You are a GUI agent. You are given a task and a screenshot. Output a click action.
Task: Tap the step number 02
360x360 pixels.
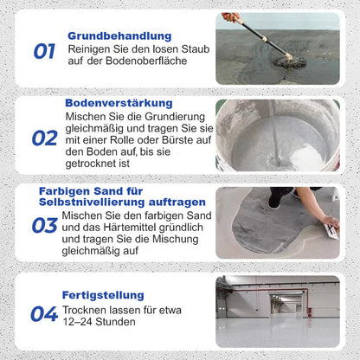pyautogui.click(x=44, y=138)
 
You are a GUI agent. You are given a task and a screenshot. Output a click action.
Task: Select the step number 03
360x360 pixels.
pyautogui.click(x=44, y=226)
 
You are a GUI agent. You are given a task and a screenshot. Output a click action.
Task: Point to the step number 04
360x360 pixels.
pyautogui.click(x=44, y=314)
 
